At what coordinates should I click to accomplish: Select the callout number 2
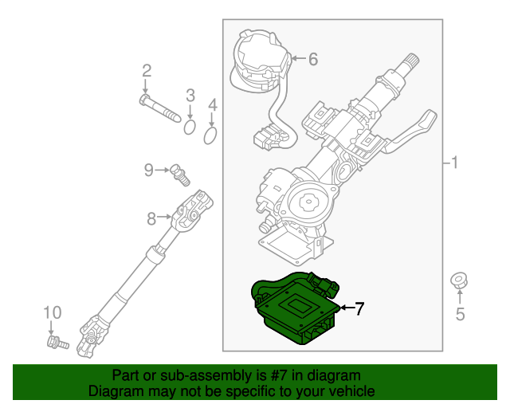tap(146, 72)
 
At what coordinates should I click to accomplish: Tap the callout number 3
tap(190, 96)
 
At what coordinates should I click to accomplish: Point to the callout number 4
tap(212, 105)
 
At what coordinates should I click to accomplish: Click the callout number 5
tap(460, 314)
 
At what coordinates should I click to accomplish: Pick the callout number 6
tap(312, 58)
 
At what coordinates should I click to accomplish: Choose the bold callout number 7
tap(359, 308)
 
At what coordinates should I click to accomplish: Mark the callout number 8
tap(151, 217)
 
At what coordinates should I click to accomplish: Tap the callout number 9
tap(149, 169)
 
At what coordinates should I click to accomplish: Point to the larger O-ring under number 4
tap(210, 136)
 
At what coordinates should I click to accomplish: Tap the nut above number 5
tap(459, 280)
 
